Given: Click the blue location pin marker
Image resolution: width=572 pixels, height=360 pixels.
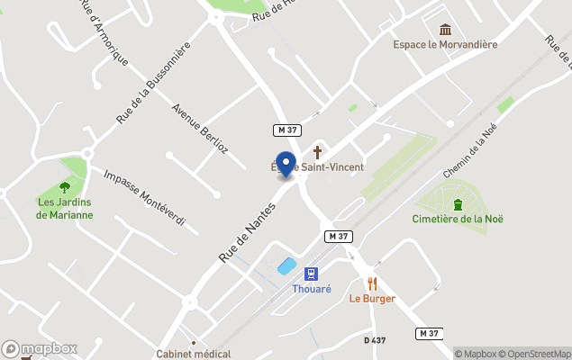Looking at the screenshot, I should (286, 165).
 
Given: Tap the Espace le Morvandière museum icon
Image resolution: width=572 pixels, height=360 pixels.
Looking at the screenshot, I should (445, 30).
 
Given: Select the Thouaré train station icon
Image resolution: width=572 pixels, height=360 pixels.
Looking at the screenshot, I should (311, 273).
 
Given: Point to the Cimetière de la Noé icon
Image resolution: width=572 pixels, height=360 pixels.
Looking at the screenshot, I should (458, 202).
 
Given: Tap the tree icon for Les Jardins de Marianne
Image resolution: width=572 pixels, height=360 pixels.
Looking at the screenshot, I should (65, 186).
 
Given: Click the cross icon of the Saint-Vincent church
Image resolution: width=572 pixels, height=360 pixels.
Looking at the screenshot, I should (317, 151).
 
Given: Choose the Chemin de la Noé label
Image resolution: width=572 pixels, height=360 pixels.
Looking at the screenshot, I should (469, 151).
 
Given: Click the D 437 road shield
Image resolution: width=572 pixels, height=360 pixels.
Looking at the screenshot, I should (376, 340).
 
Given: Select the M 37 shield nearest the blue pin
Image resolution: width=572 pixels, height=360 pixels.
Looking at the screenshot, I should (287, 130).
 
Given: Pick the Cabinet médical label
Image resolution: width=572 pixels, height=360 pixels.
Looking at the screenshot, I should (194, 354).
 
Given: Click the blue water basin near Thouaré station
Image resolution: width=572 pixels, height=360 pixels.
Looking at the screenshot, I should (286, 266).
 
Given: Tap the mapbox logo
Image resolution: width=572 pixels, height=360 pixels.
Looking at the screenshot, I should (40, 348).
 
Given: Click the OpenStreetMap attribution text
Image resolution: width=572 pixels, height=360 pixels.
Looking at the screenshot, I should (537, 354).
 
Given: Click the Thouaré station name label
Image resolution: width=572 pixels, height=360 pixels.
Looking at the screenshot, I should (311, 289).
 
